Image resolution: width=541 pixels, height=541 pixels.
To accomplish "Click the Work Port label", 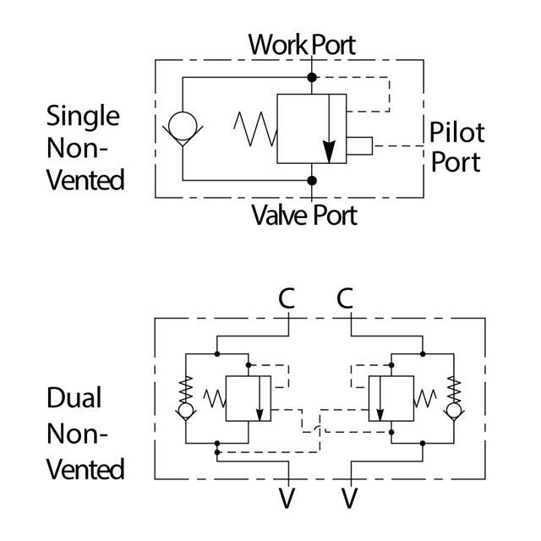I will [302, 44].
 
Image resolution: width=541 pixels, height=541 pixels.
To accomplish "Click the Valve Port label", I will [303, 215].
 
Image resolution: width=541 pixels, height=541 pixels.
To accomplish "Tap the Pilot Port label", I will [456, 146].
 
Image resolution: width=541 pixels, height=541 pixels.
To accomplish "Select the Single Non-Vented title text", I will [85, 147].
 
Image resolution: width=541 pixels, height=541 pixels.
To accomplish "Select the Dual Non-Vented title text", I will [85, 433].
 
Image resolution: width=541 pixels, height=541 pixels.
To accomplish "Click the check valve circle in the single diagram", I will [181, 127].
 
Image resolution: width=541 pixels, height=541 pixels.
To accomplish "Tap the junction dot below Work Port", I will [311, 78].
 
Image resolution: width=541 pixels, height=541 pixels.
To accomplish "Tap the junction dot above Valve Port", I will [311, 180].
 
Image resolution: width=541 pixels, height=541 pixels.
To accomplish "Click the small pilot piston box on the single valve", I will [359, 146].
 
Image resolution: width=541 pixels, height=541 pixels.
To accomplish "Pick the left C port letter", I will [288, 298].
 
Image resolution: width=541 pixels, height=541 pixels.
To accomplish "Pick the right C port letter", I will [345, 298].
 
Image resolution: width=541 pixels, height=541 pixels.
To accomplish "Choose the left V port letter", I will [287, 498].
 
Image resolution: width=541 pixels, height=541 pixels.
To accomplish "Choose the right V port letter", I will [347, 498].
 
